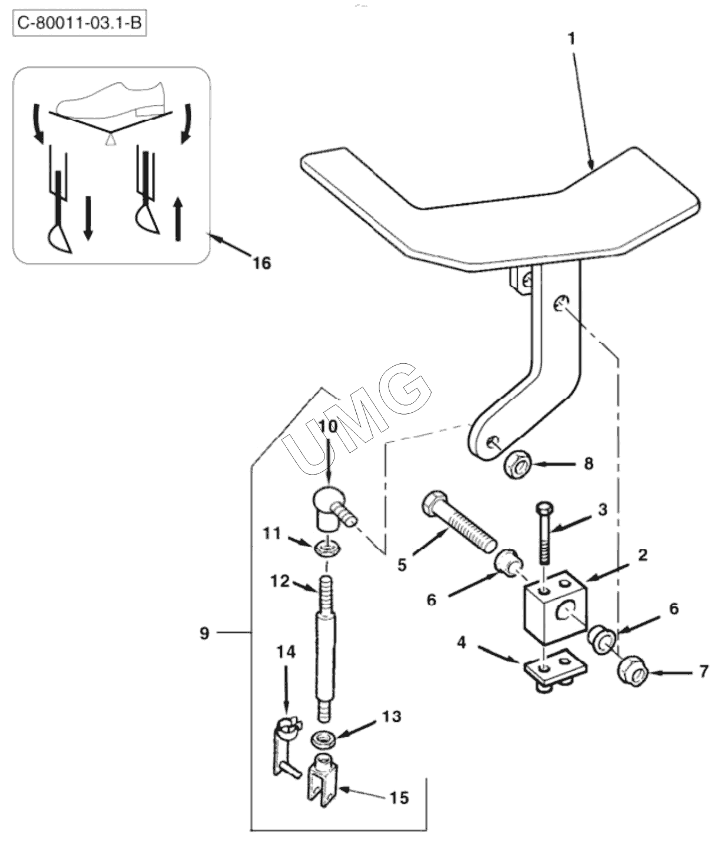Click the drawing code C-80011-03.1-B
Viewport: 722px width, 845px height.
[80, 23]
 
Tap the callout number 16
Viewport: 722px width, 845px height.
[261, 263]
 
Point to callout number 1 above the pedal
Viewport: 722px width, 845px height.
[572, 39]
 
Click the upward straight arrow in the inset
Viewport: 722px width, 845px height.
[178, 218]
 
